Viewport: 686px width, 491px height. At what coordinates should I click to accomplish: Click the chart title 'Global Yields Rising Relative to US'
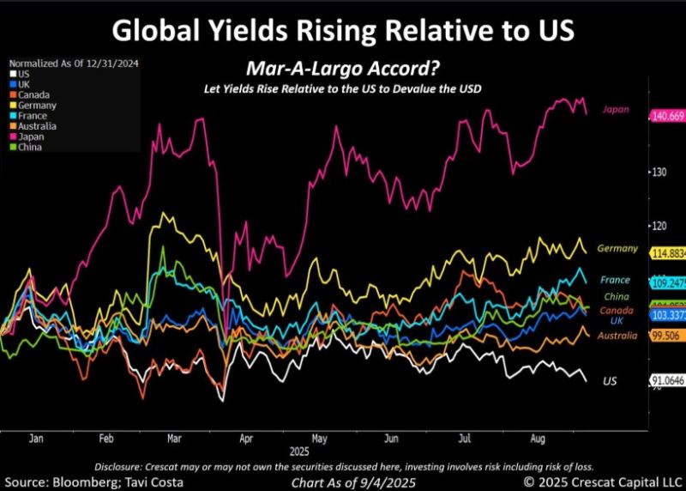(x=343, y=31)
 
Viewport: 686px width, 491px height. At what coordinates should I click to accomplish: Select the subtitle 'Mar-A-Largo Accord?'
(x=342, y=70)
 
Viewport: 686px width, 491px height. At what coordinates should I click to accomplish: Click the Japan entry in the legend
(x=31, y=136)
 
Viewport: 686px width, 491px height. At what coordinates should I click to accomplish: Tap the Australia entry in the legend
(x=36, y=125)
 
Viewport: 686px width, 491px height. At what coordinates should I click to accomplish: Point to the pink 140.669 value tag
(x=667, y=115)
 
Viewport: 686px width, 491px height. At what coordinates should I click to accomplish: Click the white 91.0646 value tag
(x=667, y=380)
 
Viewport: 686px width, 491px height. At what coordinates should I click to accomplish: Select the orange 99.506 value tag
(x=667, y=336)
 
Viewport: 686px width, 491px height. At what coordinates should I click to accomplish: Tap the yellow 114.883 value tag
(x=667, y=254)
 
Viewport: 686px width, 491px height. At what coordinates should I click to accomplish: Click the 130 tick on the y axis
(x=658, y=173)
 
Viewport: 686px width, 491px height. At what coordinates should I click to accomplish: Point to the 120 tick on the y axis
(x=658, y=226)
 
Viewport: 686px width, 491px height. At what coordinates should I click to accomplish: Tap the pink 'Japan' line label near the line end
(x=617, y=109)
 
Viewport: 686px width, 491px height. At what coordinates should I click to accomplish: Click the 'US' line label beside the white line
(x=610, y=380)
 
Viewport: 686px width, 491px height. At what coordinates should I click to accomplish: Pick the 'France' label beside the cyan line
(x=616, y=280)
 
